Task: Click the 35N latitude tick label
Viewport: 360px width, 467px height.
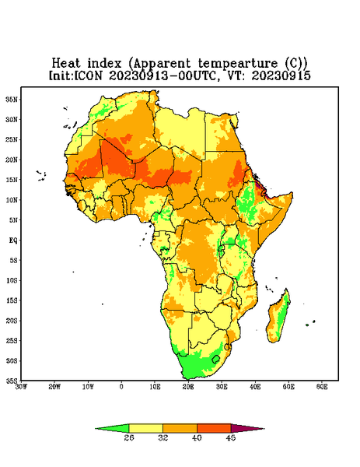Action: tap(12, 99)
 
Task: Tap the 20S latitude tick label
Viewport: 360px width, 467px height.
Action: tap(12, 321)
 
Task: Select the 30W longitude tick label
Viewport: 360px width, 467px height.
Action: tap(21, 387)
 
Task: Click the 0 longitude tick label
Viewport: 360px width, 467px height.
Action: tap(121, 387)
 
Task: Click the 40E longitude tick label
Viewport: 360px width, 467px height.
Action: tap(255, 387)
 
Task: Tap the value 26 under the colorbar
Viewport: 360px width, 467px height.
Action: tap(129, 437)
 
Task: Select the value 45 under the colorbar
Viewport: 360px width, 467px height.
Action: tap(231, 437)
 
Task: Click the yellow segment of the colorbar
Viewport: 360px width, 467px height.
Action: tap(145, 428)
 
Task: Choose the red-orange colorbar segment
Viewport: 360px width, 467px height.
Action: tap(214, 428)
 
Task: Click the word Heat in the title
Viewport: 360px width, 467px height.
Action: tap(66, 64)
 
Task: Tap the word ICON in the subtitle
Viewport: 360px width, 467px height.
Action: tap(88, 75)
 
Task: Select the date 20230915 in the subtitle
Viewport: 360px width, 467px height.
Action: tap(281, 75)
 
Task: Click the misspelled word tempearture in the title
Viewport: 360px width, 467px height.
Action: tap(238, 64)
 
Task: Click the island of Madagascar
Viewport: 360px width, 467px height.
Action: tap(278, 318)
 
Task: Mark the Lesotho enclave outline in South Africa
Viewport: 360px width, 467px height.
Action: tap(215, 359)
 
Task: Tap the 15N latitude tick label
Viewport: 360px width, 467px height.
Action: tap(12, 180)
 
